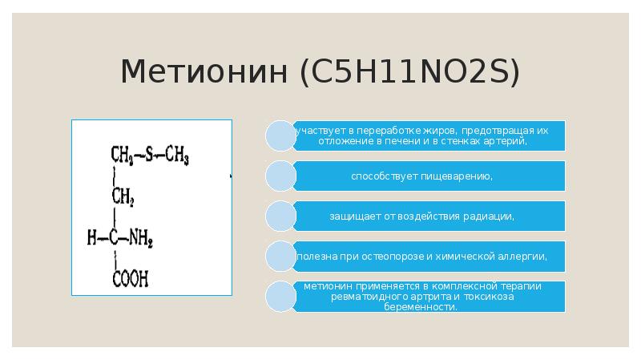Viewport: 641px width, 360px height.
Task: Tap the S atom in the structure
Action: click(x=148, y=153)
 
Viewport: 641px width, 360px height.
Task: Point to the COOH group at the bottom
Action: click(x=130, y=279)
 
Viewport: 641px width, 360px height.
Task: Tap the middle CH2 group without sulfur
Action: click(x=123, y=196)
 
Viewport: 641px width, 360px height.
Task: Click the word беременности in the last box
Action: click(x=427, y=307)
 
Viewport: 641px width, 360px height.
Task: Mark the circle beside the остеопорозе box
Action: click(x=280, y=257)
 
